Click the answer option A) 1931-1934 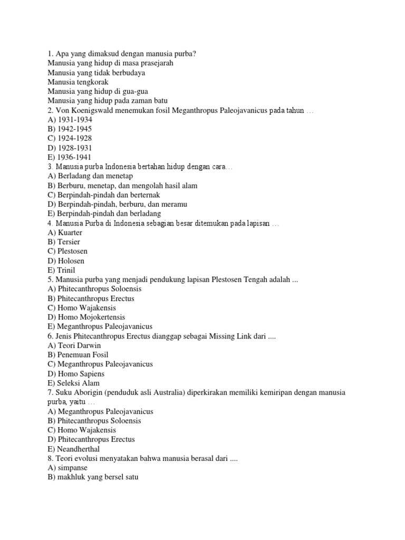pyautogui.click(x=70, y=119)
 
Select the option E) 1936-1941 pyautogui.click(x=70, y=157)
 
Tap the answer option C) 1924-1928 pyautogui.click(x=70, y=138)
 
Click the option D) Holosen pyautogui.click(x=66, y=261)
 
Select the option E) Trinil pyautogui.click(x=61, y=270)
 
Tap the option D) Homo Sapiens pyautogui.click(x=76, y=373)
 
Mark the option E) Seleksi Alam pyautogui.click(x=73, y=383)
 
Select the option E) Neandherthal pyautogui.click(x=73, y=449)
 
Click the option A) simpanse pyautogui.click(x=67, y=468)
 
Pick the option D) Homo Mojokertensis pyautogui.click(x=86, y=317)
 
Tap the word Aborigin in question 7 pyautogui.click(x=89, y=393)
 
